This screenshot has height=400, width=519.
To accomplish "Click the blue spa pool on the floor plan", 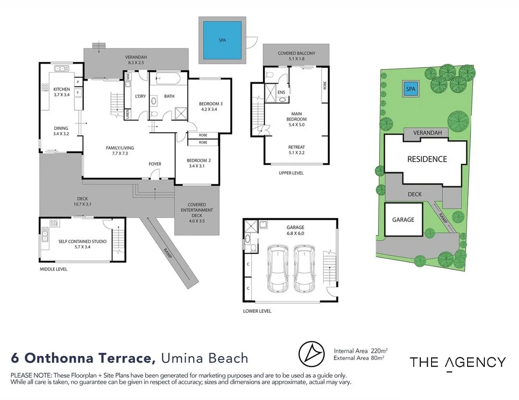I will pos(222,40).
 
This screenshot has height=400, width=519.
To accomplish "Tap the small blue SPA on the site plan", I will pos(410,89).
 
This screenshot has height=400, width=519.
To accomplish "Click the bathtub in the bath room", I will pos(168,79).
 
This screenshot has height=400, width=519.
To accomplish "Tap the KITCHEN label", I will pos(62,89).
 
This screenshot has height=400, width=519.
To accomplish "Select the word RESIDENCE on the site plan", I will pos(427,159).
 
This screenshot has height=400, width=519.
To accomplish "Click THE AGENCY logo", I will pos(457,362).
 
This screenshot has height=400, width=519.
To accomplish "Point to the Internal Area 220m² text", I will pos(360,351).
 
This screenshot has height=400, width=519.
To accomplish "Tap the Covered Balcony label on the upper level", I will pos(297,53).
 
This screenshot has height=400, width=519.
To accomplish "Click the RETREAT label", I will pos(297,147).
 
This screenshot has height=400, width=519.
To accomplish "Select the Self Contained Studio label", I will pos(82,241).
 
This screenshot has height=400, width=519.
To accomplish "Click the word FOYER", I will pos(155,164).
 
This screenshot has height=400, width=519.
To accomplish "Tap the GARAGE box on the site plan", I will pos(403,220).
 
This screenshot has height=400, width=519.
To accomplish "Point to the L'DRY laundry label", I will pos(140,96).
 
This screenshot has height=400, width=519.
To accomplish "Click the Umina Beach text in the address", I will pos(204,358).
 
